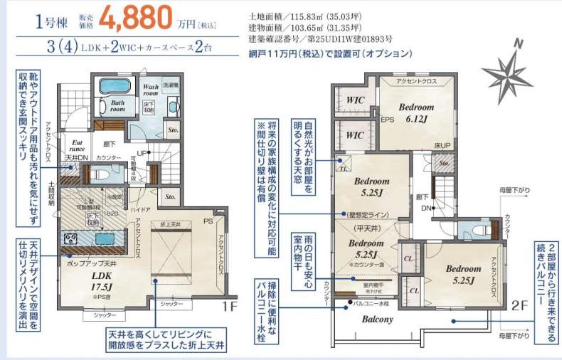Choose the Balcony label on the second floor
(377, 319)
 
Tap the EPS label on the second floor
(388, 120)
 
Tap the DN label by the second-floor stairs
(425, 208)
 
